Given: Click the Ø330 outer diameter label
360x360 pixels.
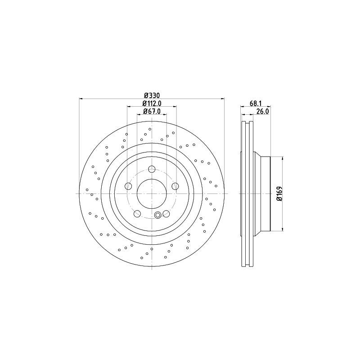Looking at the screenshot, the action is click(x=152, y=95).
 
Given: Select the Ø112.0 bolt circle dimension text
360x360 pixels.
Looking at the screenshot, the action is click(x=152, y=103).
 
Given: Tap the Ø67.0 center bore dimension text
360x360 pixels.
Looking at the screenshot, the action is click(x=152, y=111).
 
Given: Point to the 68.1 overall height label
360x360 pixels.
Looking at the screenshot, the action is click(x=256, y=103).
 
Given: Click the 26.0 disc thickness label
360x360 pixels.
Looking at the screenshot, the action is click(x=262, y=111).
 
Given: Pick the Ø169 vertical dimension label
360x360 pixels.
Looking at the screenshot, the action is click(x=279, y=193).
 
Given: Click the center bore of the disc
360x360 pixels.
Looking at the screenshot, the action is click(x=152, y=194).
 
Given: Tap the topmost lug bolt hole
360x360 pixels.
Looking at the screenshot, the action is click(x=152, y=170).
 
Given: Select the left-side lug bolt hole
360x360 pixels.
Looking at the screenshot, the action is click(x=128, y=186).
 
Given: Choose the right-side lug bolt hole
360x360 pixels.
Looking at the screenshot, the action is click(x=175, y=186).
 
